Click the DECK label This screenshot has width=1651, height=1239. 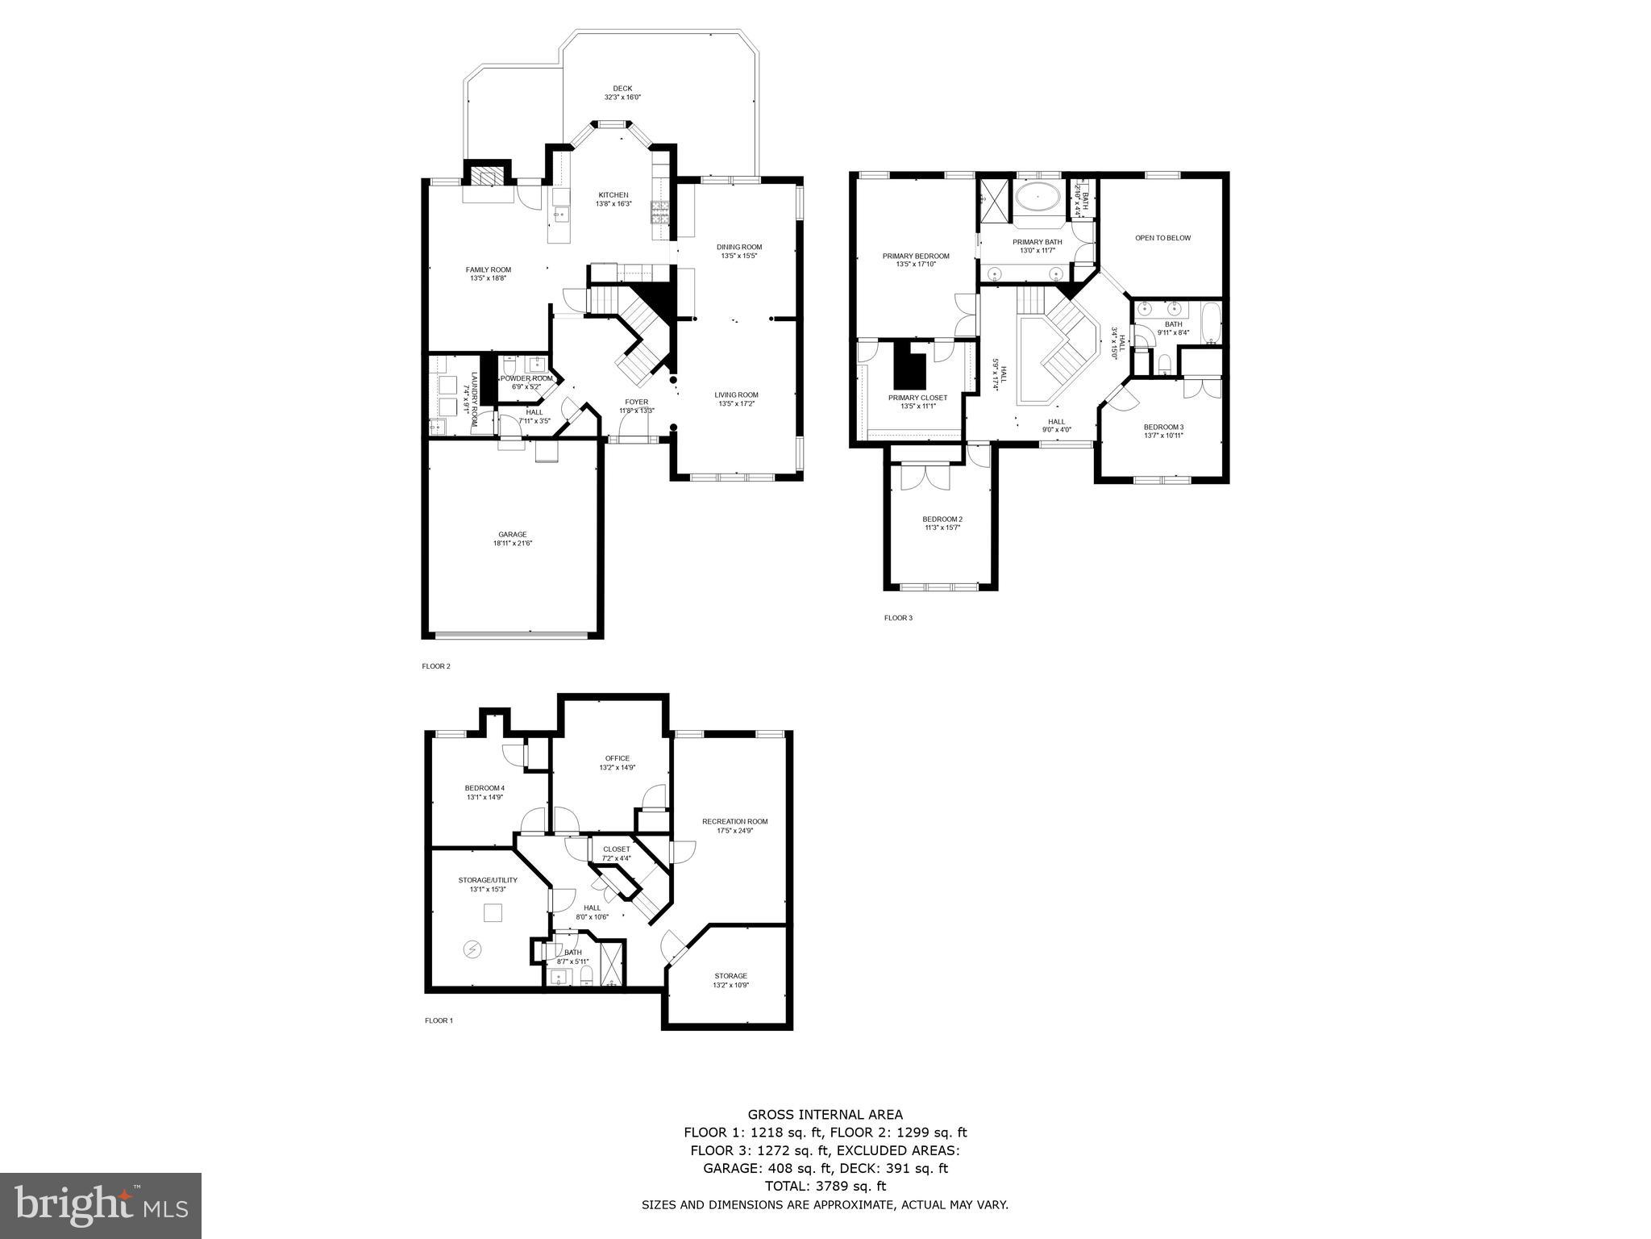coord(622,89)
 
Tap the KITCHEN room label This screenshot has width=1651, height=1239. coord(613,195)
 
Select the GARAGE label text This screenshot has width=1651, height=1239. coord(512,534)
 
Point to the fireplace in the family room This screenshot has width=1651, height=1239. coord(485,177)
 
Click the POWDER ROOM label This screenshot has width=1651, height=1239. coord(526,378)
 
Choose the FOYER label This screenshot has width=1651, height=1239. coord(636,402)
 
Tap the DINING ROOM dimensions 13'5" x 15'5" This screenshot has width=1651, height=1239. coord(738,256)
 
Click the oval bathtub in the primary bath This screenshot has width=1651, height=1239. coord(1038,196)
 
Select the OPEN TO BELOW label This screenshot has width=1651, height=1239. coord(1162,238)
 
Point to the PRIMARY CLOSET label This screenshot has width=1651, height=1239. coord(917,398)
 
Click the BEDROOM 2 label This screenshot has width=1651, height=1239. coord(942,519)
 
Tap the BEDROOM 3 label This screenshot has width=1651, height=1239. coord(1162,427)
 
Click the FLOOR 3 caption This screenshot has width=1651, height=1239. coord(898,618)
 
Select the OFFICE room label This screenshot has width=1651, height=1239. coord(617,758)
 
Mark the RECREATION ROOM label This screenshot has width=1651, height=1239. coord(734,821)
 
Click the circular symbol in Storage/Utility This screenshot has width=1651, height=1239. coord(472,949)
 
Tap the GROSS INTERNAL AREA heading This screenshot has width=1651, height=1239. coord(825,1116)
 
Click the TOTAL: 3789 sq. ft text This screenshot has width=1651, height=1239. coord(825,1186)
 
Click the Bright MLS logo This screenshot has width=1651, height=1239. coord(101,1205)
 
